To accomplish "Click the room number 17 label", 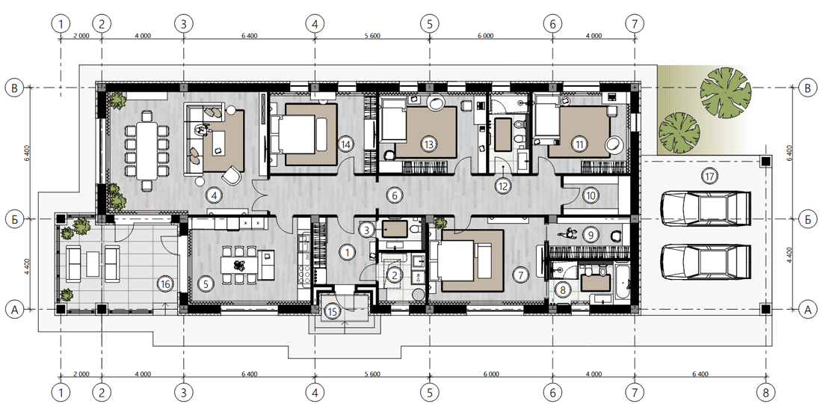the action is [x=709, y=177].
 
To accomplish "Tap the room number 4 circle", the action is [x=214, y=196].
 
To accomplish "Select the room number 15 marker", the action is [x=332, y=311].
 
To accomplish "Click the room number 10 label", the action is [x=591, y=196].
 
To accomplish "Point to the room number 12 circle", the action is [x=503, y=185].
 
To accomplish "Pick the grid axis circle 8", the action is [x=765, y=392].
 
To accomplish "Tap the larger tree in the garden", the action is [x=726, y=93].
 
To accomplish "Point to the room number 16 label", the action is [x=165, y=284].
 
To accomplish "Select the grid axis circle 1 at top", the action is [x=61, y=24].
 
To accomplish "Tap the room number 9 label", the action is [x=591, y=235].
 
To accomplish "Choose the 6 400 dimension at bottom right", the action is [x=700, y=374].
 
